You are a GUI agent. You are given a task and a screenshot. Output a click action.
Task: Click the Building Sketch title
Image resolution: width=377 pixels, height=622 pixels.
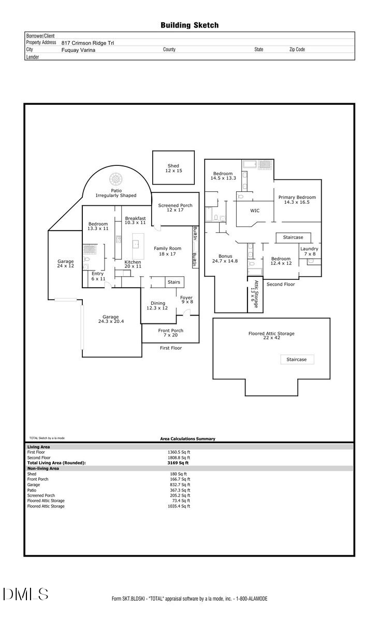point(189,25)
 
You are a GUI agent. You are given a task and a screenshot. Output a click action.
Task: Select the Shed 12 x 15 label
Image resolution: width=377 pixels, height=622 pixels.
point(173,168)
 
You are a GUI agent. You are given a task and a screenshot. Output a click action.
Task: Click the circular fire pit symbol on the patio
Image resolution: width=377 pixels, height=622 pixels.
point(114,179)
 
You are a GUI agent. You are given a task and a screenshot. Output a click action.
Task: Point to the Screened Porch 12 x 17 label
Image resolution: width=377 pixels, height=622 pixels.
point(175,208)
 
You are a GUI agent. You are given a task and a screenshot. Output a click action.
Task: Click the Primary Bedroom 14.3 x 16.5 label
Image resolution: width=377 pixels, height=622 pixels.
point(297,200)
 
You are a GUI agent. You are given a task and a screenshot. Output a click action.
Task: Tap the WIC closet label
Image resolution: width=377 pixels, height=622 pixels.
point(255,211)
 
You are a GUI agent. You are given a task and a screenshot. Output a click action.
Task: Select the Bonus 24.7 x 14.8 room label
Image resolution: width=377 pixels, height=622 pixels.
point(225,258)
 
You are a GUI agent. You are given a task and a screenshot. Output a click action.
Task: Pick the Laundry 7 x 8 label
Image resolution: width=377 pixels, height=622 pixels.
point(310,251)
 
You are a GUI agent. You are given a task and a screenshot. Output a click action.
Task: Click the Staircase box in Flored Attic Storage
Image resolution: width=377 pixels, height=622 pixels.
point(297,359)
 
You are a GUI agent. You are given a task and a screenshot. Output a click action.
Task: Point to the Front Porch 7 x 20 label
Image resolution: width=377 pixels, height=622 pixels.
point(170,333)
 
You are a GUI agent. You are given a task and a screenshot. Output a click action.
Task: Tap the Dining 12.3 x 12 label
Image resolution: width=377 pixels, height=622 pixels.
point(158,306)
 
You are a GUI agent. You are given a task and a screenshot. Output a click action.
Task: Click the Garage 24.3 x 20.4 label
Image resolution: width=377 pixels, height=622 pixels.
point(110,319)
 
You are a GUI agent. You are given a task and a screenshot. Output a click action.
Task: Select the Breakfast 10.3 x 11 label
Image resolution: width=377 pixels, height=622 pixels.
point(135,220)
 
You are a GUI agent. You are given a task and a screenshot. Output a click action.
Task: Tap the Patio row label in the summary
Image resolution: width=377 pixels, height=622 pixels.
point(33,490)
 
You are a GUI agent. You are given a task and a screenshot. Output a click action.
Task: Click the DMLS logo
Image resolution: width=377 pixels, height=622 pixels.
point(25,594)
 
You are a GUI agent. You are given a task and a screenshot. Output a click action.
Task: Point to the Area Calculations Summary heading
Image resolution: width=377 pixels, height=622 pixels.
point(187,439)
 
